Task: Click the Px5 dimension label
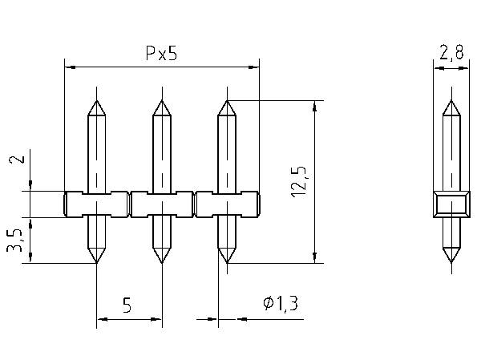point(161,55)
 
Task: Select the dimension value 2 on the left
point(14,160)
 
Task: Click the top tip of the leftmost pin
point(96,101)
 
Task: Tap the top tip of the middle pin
point(161,101)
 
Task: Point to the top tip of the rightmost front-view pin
point(227,101)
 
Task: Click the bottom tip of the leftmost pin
point(96,262)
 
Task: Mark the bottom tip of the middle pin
point(161,262)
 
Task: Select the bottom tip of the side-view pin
point(451,262)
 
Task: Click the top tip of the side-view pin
point(451,101)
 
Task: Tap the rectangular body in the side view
point(451,204)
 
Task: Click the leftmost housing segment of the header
point(96,204)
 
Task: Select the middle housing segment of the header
point(161,204)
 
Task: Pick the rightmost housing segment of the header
point(227,204)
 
